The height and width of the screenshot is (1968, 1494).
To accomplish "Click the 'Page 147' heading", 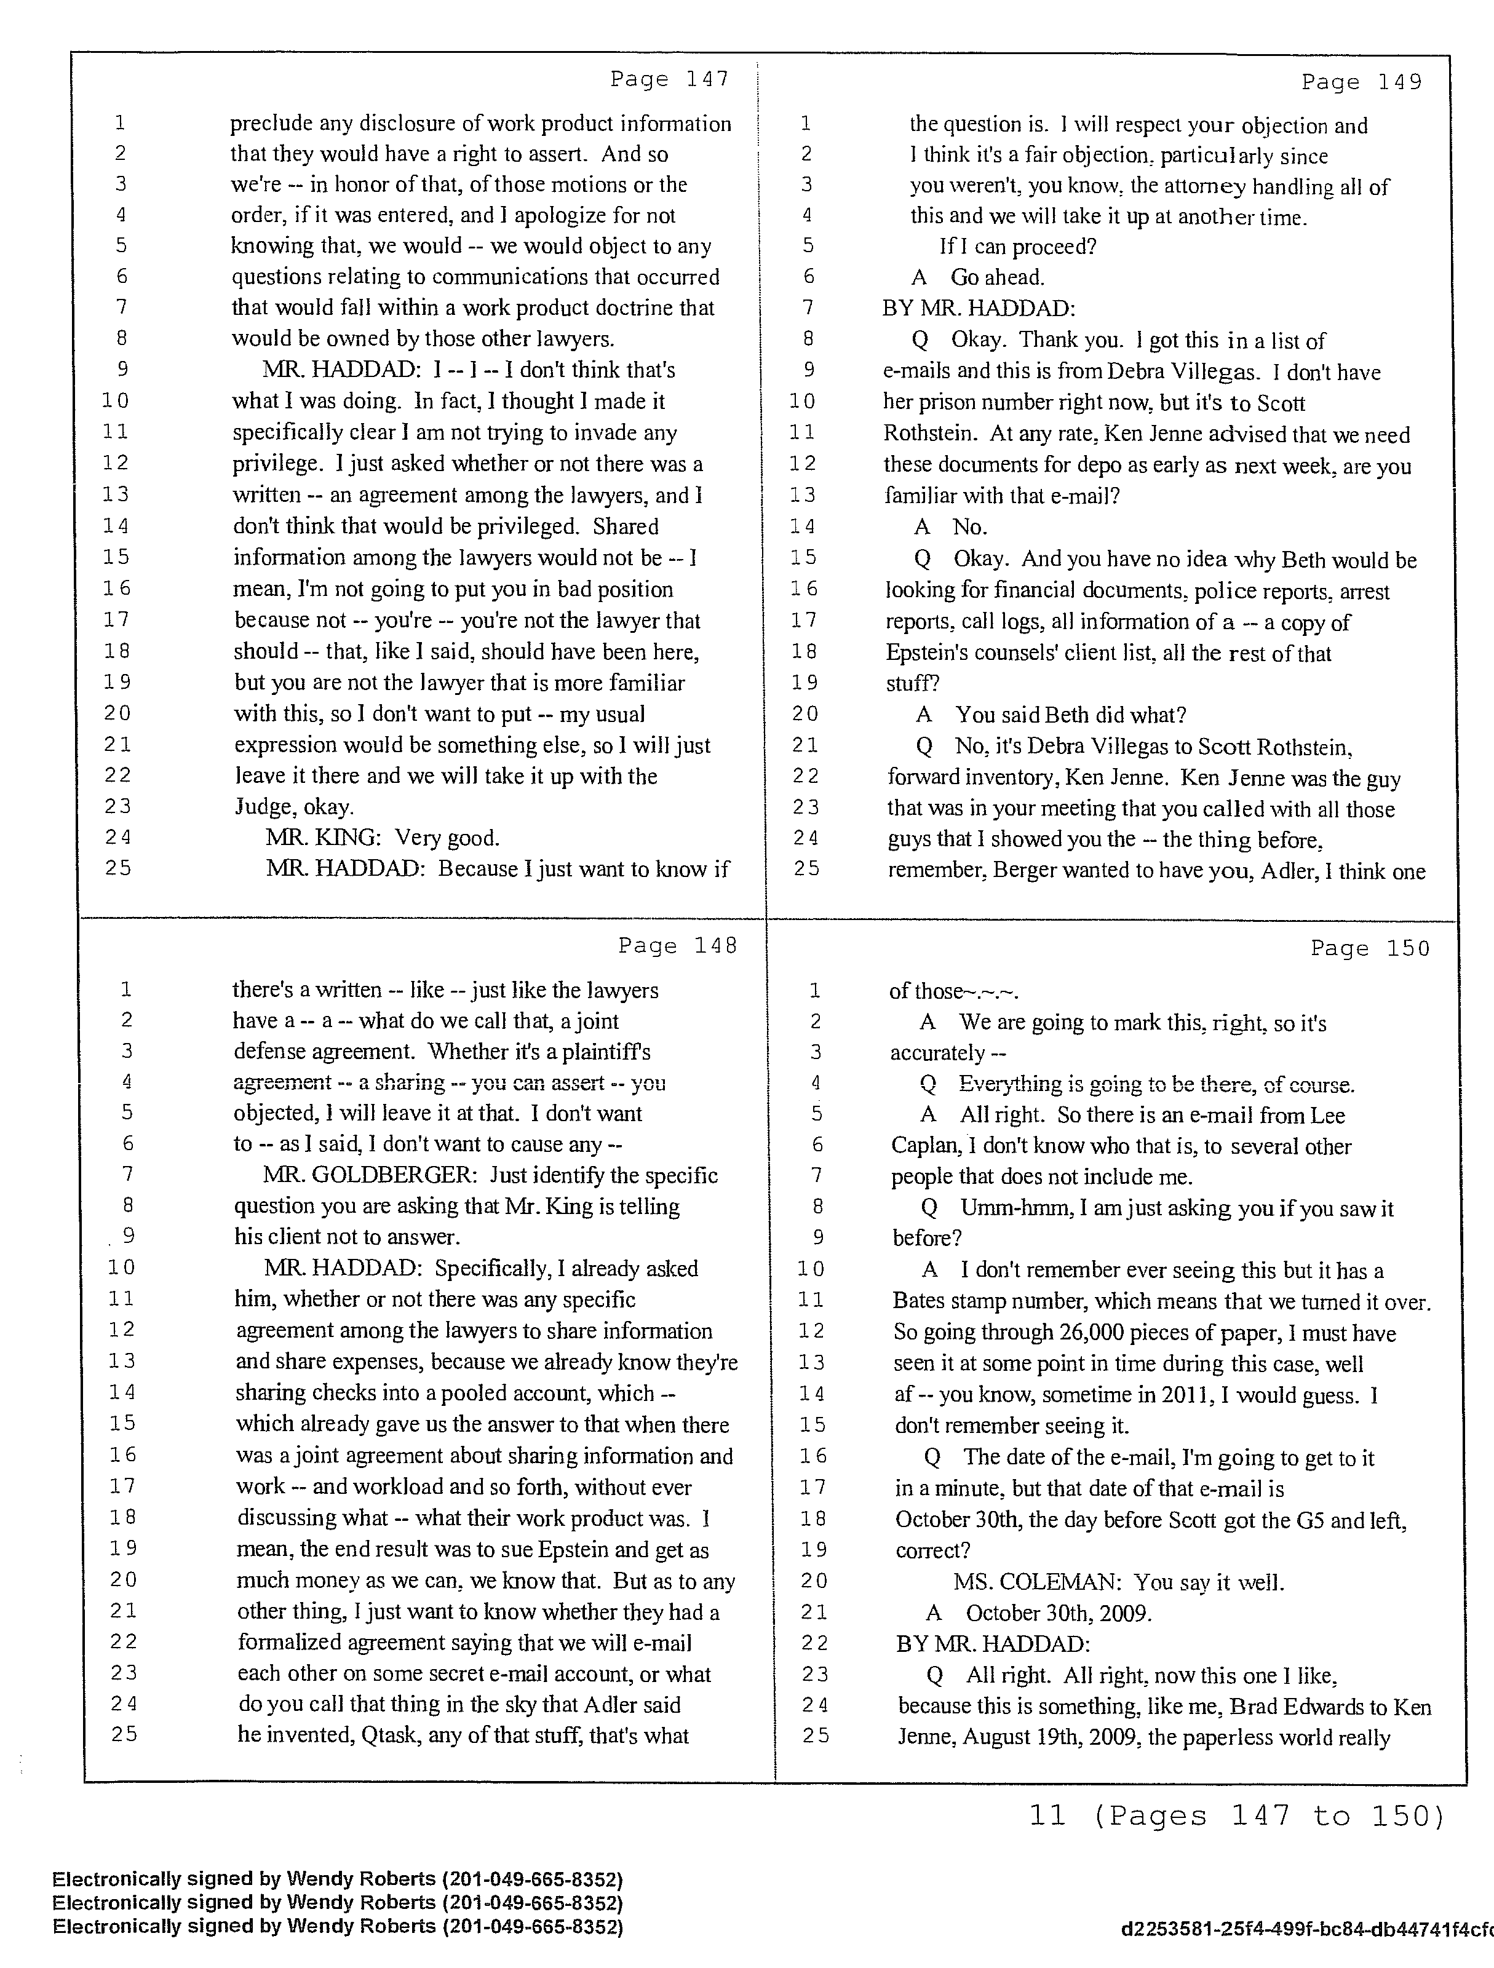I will coord(669,79).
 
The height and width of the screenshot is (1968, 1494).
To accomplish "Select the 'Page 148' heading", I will coord(677,946).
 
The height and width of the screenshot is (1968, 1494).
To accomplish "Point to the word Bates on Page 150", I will coord(919,1301).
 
